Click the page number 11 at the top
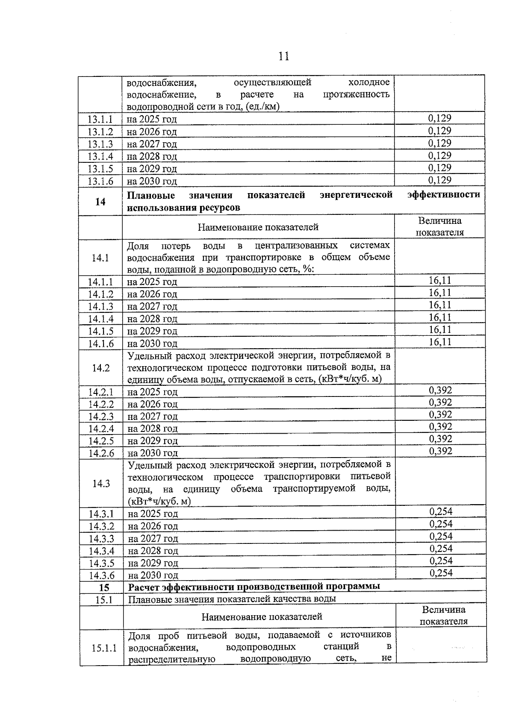[283, 56]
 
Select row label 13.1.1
[100, 120]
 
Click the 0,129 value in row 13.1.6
[439, 180]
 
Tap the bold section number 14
[100, 202]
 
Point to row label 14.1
[100, 258]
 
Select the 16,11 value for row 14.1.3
[440, 305]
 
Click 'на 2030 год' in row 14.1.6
[152, 343]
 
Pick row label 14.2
[100, 368]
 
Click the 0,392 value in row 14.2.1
[440, 390]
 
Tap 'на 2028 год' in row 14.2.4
[153, 429]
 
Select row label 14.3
[101, 483]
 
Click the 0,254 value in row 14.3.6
[441, 573]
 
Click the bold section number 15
[104, 587]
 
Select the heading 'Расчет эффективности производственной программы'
[254, 586]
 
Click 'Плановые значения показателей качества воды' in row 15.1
[232, 599]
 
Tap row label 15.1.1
[104, 648]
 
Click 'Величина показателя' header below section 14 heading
[440, 227]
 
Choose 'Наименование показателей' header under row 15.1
[262, 616]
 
